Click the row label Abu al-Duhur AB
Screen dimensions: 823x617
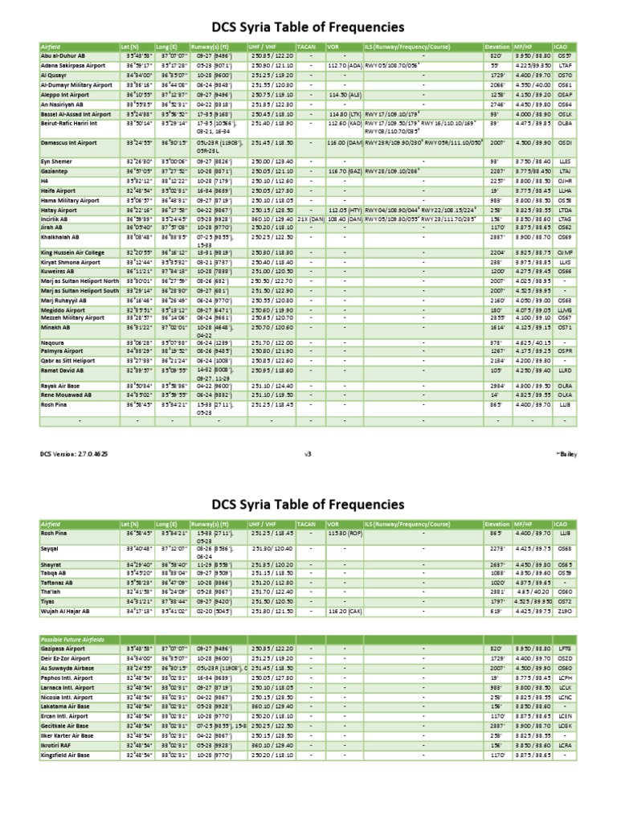[x=65, y=55]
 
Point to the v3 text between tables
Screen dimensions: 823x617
[x=308, y=453]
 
